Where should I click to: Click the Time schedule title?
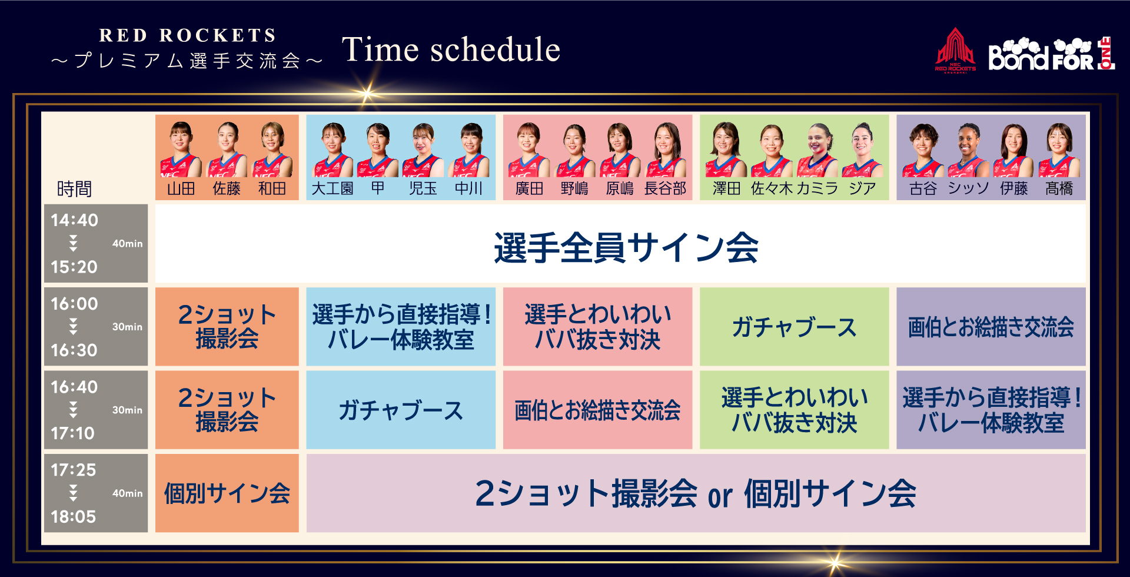pyautogui.click(x=451, y=49)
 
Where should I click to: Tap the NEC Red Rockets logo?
pyautogui.click(x=955, y=49)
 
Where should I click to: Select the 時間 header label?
pyautogui.click(x=74, y=189)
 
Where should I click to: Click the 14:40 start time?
pyautogui.click(x=74, y=220)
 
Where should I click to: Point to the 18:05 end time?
pyautogui.click(x=73, y=517)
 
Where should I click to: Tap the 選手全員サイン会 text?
pyautogui.click(x=626, y=247)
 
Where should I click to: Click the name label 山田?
pyautogui.click(x=181, y=188)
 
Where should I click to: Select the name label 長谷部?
pyautogui.click(x=665, y=188)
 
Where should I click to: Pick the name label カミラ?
pyautogui.click(x=817, y=188)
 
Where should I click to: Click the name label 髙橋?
pyautogui.click(x=1059, y=188)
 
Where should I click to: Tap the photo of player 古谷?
pyautogui.click(x=923, y=150)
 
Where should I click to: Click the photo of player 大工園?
pyautogui.click(x=333, y=150)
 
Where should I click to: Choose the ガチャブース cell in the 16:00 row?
pyautogui.click(x=795, y=327)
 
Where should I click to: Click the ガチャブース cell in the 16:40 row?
pyautogui.click(x=401, y=410)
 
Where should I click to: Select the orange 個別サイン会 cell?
pyautogui.click(x=227, y=493)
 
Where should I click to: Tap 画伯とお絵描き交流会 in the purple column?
pyautogui.click(x=991, y=327)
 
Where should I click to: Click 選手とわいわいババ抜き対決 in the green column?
pyautogui.click(x=795, y=410)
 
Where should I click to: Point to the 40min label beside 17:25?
pyautogui.click(x=127, y=493)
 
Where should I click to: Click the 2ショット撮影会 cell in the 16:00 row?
pyautogui.click(x=227, y=327)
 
